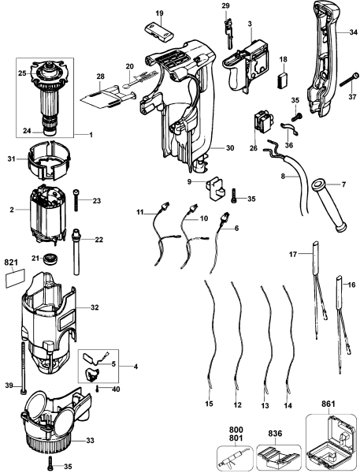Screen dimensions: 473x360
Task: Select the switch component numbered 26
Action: (260, 125)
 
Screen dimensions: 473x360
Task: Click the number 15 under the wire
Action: (209, 404)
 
